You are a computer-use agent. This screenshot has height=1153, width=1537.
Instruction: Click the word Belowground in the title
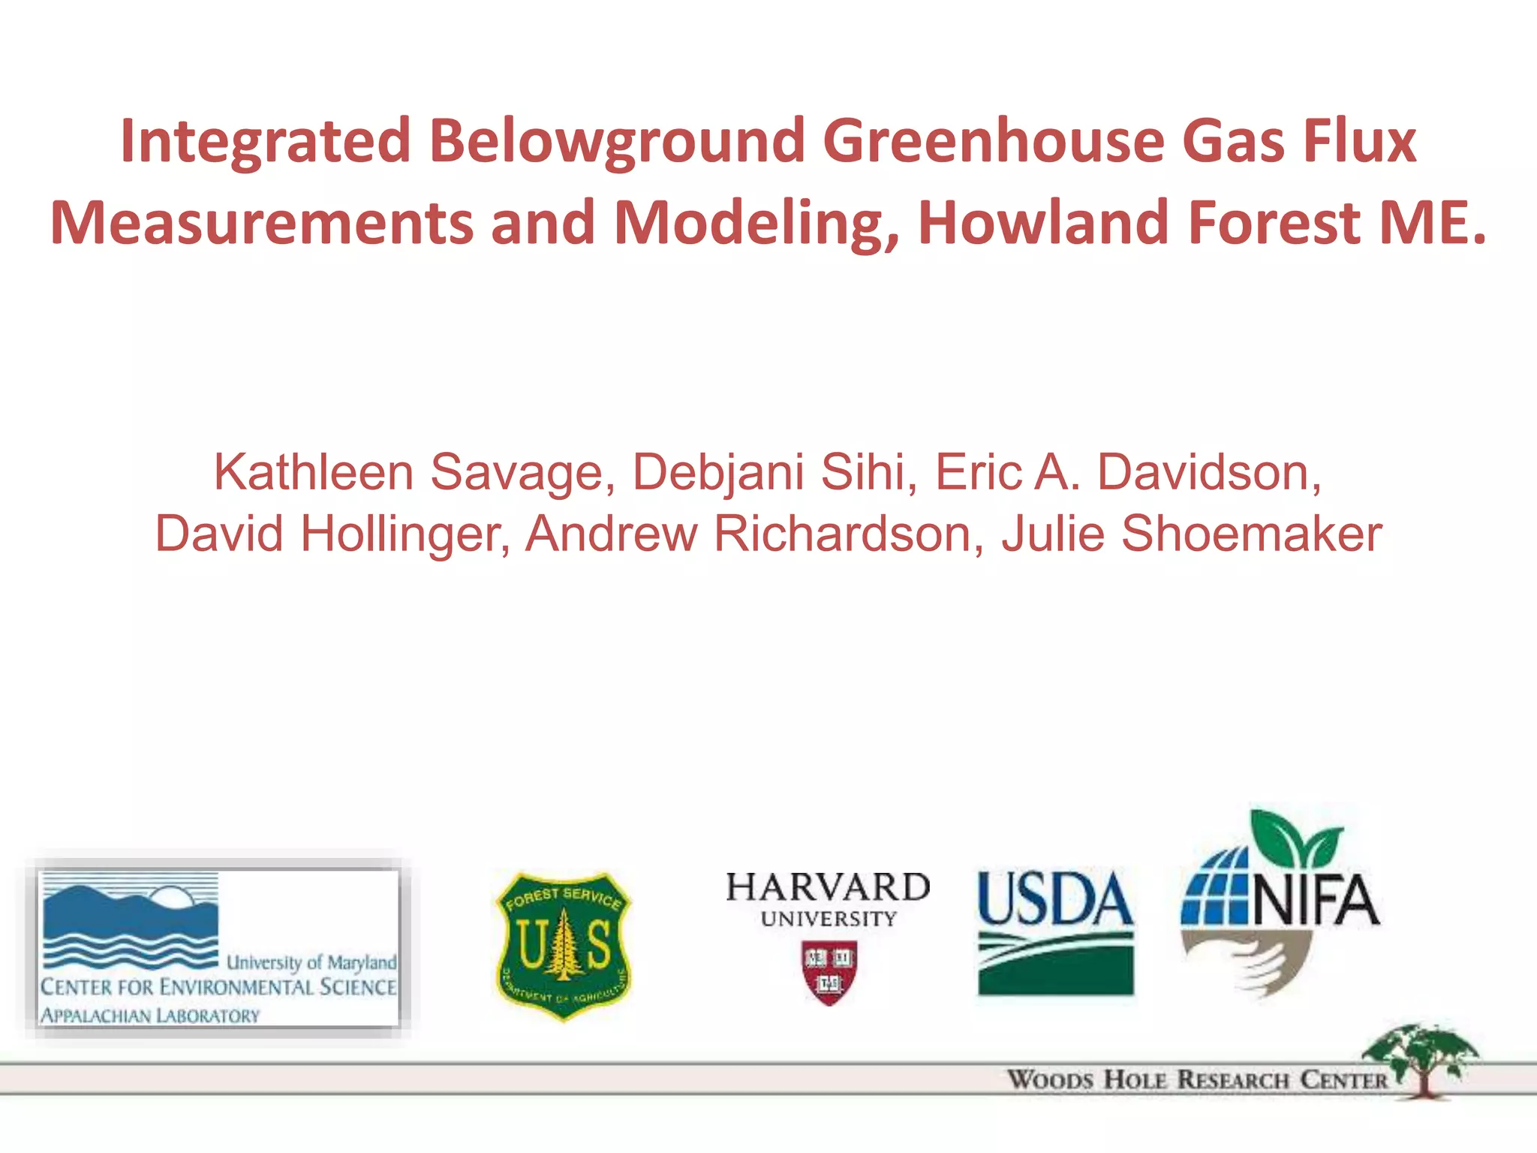pyautogui.click(x=617, y=141)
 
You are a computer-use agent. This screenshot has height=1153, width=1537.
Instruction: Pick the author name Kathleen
pyautogui.click(x=314, y=473)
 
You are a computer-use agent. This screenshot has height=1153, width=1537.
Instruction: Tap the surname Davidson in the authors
pyautogui.click(x=1209, y=473)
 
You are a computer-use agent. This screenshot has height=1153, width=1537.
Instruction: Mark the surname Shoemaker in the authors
pyautogui.click(x=1251, y=534)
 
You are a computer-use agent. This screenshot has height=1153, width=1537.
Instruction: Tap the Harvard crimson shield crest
pyautogui.click(x=829, y=972)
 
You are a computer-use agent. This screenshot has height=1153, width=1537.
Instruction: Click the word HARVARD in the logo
pyautogui.click(x=828, y=888)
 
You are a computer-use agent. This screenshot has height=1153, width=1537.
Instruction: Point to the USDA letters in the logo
pyautogui.click(x=1055, y=899)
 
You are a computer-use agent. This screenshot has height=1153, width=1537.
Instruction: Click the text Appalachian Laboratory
pyautogui.click(x=150, y=1016)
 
